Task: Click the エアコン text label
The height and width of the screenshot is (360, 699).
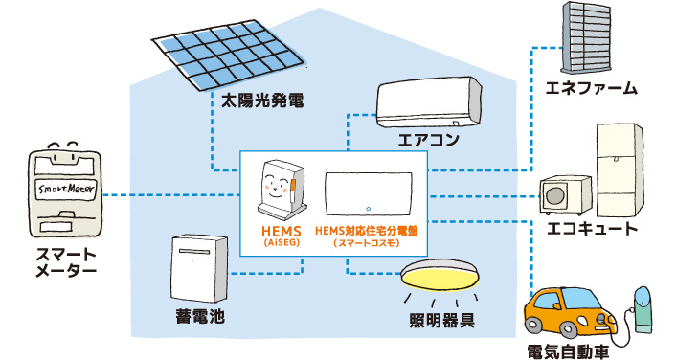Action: (x=428, y=141)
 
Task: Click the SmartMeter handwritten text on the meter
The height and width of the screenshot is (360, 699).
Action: (x=60, y=189)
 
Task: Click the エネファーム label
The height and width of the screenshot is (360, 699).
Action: (x=591, y=89)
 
